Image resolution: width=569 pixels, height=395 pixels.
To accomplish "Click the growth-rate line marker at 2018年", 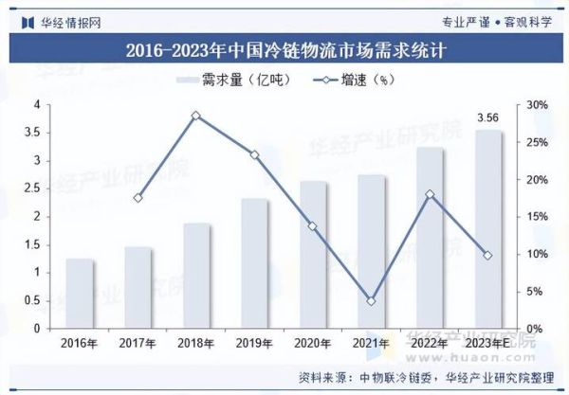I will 196,116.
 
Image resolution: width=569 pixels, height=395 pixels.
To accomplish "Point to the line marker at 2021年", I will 371,301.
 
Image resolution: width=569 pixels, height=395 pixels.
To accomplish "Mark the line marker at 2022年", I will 430,194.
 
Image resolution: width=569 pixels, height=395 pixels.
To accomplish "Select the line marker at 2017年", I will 138,198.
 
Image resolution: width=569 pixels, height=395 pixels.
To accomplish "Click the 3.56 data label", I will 487,118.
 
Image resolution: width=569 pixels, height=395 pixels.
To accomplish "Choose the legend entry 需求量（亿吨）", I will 233,80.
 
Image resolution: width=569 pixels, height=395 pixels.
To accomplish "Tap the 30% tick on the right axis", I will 537,105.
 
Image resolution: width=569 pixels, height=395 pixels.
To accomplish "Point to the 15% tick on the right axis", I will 537,217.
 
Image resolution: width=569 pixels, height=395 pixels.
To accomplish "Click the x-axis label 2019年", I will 254,343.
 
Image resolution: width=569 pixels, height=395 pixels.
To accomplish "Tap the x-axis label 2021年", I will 371,343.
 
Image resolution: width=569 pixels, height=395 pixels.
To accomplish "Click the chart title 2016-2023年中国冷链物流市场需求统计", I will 284,48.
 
